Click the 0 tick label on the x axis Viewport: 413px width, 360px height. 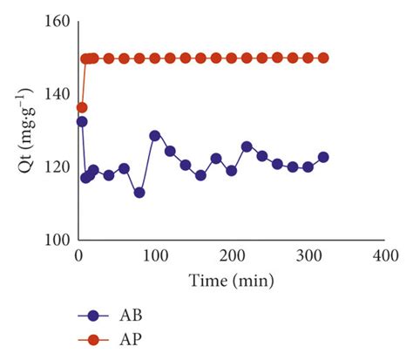coord(78,258)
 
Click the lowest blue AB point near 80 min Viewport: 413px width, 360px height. coord(139,193)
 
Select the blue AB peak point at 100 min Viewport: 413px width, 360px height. coord(155,135)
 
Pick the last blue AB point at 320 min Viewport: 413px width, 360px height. coord(323,157)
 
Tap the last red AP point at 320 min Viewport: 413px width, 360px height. coord(323,58)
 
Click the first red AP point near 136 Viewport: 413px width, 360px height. coord(82,107)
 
